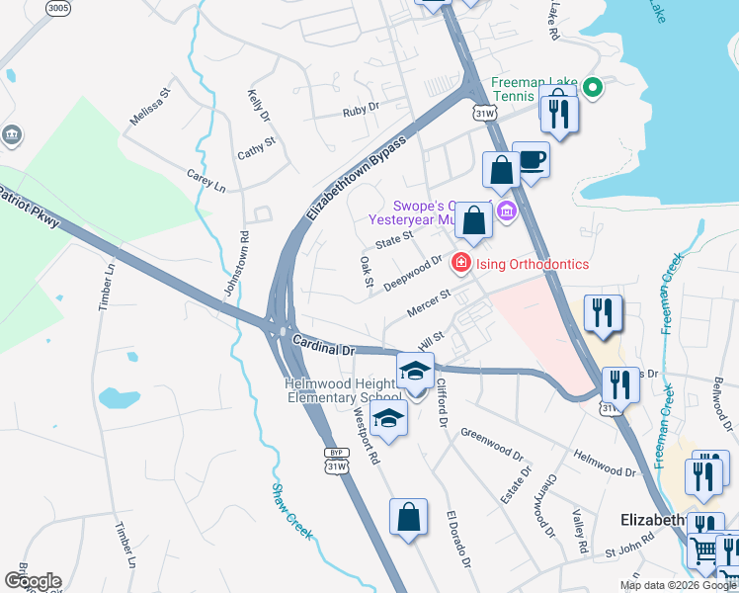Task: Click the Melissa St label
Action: tap(151, 107)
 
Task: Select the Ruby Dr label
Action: tap(361, 111)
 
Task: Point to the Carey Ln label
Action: tap(206, 180)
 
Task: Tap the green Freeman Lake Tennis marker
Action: tap(592, 88)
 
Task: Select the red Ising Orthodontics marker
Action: tap(460, 263)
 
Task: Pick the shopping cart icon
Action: tap(704, 550)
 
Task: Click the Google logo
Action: tap(33, 581)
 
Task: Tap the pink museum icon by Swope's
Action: tap(507, 210)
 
